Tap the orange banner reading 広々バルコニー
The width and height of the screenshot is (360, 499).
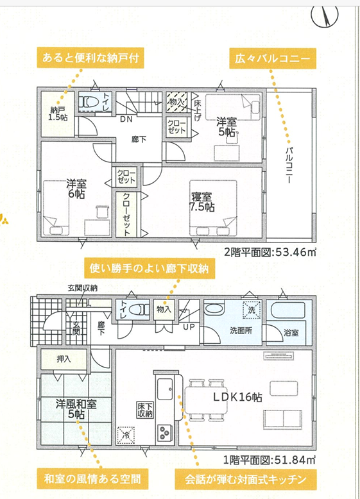pyautogui.click(x=273, y=58)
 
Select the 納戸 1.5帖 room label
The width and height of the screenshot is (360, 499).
pyautogui.click(x=58, y=114)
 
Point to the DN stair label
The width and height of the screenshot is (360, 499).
pyautogui.click(x=126, y=119)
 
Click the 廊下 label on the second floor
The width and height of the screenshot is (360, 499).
pyautogui.click(x=139, y=139)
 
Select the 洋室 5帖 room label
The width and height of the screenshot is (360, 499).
pyautogui.click(x=227, y=126)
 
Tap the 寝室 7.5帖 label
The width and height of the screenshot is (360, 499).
pyautogui.click(x=202, y=202)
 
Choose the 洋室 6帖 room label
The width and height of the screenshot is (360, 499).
pyautogui.click(x=76, y=189)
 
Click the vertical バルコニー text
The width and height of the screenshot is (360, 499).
pyautogui.click(x=289, y=165)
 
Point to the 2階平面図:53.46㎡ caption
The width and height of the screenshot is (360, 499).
pyautogui.click(x=270, y=252)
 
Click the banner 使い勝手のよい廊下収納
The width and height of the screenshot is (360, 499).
pyautogui.click(x=149, y=269)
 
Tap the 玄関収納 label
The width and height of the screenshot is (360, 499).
pyautogui.click(x=82, y=289)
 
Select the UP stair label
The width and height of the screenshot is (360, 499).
pyautogui.click(x=189, y=327)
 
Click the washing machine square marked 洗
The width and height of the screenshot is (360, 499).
pyautogui.click(x=252, y=310)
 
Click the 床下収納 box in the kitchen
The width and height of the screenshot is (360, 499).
pyautogui.click(x=145, y=410)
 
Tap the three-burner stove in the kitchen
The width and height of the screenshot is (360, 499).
pyautogui.click(x=164, y=432)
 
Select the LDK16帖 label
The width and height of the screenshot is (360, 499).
pyautogui.click(x=237, y=397)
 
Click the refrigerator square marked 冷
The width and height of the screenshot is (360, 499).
pyautogui.click(x=125, y=436)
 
